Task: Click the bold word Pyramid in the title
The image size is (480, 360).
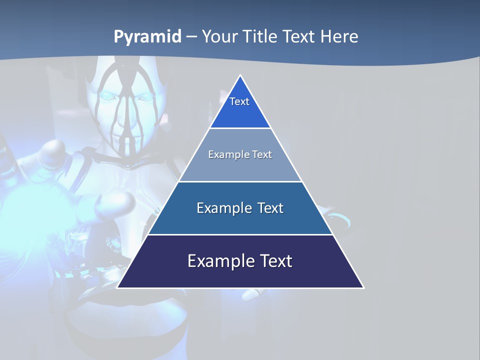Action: click(147, 37)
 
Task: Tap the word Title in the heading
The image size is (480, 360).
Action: click(262, 37)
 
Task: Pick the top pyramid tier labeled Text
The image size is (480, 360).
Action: click(240, 107)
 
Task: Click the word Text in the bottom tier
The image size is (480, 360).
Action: click(274, 261)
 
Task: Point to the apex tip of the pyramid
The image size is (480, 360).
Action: click(240, 76)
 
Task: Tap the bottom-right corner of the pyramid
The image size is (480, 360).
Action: click(363, 287)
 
